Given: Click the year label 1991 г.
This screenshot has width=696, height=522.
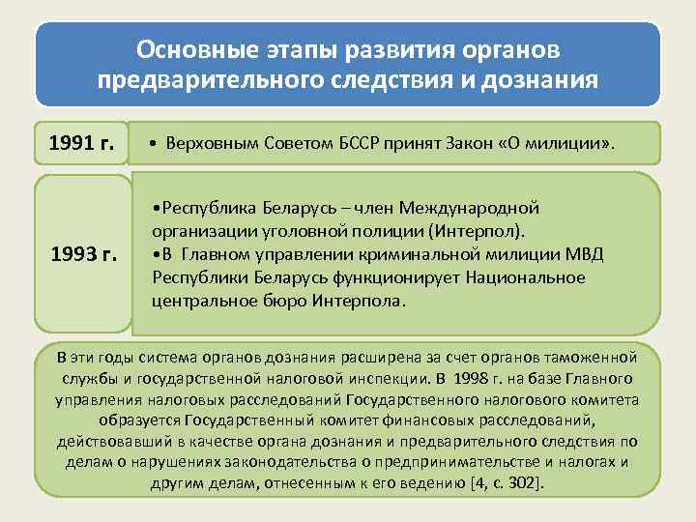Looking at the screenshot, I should [82, 144].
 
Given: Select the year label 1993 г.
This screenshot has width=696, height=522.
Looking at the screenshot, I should [82, 255].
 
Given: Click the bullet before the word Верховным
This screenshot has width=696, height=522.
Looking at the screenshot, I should [156, 145].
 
